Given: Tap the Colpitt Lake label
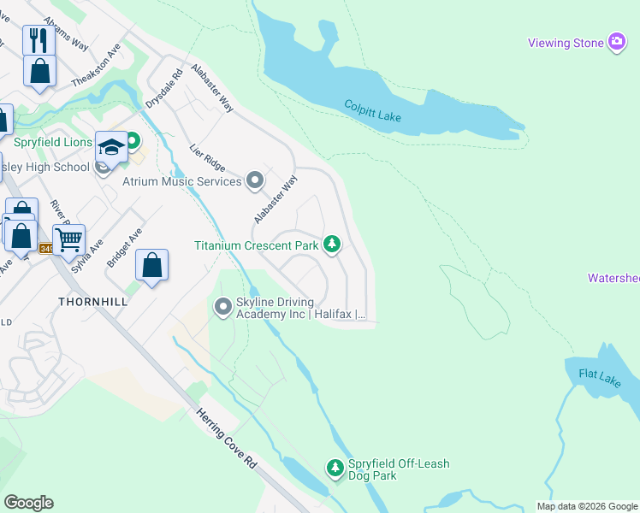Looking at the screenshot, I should [372, 111].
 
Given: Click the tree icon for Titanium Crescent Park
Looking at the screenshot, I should [332, 245].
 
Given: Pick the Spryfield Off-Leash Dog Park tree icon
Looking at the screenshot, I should [335, 468].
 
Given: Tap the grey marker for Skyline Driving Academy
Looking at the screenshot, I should [223, 305].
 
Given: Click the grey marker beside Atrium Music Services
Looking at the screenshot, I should [254, 180].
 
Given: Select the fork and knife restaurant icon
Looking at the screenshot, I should [39, 39].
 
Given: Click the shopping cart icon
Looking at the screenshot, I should [68, 239].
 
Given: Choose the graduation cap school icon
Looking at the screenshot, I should [111, 146].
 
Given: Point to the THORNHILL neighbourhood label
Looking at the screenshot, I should [92, 302].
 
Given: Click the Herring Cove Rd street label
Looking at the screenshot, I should [227, 436].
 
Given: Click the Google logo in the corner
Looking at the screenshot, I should [28, 503].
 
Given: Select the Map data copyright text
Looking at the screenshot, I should [588, 506].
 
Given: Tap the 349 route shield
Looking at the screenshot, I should [46, 249].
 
